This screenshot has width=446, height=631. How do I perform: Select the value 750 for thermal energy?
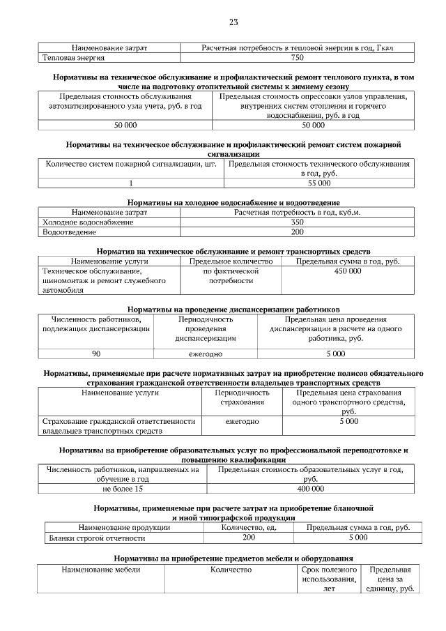pos(297,58)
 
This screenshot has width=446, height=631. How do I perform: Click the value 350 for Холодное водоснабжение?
pos(297,222)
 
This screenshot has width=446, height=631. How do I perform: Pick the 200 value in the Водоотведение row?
pos(297,231)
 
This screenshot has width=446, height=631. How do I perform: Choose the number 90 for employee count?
pos(96,353)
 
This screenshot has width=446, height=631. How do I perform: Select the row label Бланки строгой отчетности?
pos(96,538)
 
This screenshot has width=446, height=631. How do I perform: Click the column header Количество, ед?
pos(249,528)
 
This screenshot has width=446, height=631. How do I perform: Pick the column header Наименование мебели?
pos(101,570)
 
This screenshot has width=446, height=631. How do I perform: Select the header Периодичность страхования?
pos(241,397)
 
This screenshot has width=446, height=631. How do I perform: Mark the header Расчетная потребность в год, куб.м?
pos(297,212)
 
